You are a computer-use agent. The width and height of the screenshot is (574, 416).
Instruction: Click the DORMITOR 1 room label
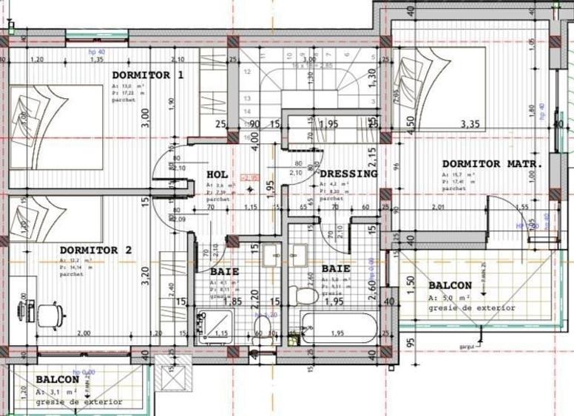(147, 75)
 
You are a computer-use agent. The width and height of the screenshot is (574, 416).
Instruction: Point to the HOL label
(217, 174)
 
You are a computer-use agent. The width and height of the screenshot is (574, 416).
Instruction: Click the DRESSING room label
(348, 174)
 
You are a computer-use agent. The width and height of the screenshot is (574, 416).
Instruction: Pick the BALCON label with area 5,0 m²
(450, 285)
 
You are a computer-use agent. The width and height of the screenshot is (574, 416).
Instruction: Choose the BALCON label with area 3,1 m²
(57, 378)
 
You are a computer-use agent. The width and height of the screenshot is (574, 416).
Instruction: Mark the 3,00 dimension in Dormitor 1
(146, 117)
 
